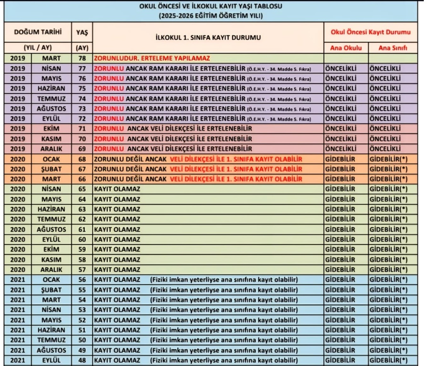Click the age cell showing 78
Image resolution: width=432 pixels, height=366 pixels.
[82, 58]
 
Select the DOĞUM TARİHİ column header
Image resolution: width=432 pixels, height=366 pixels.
[38, 32]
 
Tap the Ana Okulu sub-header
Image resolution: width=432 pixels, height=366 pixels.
[346, 48]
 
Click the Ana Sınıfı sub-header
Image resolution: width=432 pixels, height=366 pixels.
[393, 48]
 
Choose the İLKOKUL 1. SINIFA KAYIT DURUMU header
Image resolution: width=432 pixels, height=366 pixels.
[208, 37]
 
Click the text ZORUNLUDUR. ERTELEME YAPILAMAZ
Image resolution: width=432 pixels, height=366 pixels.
[152, 58]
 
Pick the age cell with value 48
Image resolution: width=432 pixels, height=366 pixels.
[82, 360]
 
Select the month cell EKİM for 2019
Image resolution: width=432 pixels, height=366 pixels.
[51, 129]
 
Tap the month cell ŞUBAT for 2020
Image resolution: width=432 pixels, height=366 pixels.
[51, 169]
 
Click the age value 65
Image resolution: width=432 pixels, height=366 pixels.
[82, 189]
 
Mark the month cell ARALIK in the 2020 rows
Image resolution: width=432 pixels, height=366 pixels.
[51, 269]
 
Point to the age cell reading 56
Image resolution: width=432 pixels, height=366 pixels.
[82, 279]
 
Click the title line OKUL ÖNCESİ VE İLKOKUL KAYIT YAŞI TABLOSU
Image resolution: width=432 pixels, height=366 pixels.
[210, 6]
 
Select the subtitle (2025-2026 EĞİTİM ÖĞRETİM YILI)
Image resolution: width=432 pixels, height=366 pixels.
[210, 15]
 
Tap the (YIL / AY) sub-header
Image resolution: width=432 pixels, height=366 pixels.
[38, 48]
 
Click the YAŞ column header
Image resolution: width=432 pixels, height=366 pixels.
[82, 32]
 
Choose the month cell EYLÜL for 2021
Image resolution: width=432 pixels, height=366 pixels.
[51, 360]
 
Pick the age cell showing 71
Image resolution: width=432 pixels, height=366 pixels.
[82, 129]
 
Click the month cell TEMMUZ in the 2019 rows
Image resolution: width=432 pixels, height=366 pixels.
[51, 98]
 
